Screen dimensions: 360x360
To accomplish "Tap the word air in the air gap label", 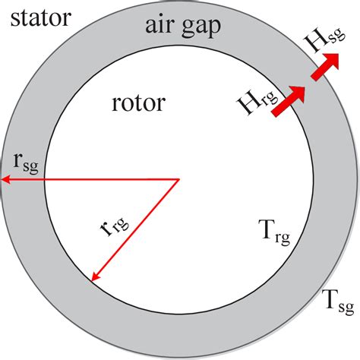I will click(160, 28).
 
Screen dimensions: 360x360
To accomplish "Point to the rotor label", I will click(138, 102).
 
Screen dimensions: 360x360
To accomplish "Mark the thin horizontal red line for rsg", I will click(91, 180).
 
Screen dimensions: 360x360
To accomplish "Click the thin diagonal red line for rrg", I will click(135, 230).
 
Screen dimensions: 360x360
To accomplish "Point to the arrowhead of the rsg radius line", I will click(5, 180).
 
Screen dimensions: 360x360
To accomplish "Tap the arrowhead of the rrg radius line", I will click(94, 278).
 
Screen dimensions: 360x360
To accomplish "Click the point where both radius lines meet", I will click(178, 180).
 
